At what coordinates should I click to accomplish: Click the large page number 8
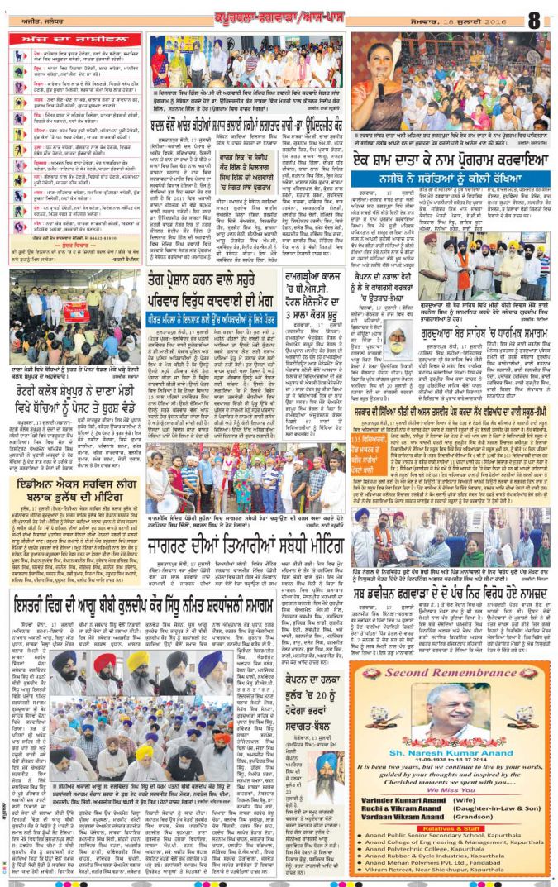pyautogui.click(x=535, y=18)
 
